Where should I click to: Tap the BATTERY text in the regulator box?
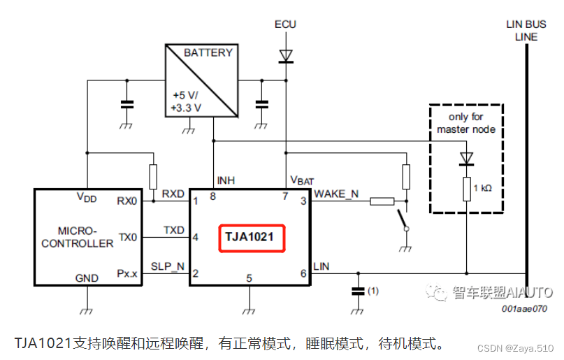[x=208, y=52]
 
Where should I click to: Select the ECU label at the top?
[x=285, y=24]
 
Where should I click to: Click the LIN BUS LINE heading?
[x=526, y=30]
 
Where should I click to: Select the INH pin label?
[x=226, y=180]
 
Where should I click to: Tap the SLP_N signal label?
[x=168, y=266]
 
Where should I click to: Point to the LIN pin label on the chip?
[x=321, y=266]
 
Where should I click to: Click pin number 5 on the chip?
[x=249, y=278]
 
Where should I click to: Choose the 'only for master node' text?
[x=466, y=123]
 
